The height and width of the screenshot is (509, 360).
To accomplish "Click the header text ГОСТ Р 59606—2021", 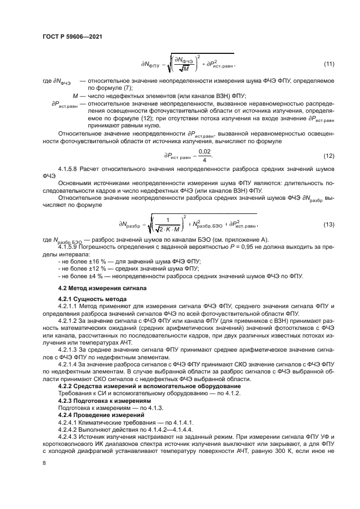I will tap(72, 36).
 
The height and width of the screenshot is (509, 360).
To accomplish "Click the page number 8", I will tap(44, 463).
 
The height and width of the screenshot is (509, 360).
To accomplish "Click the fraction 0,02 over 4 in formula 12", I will tap(204, 155).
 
